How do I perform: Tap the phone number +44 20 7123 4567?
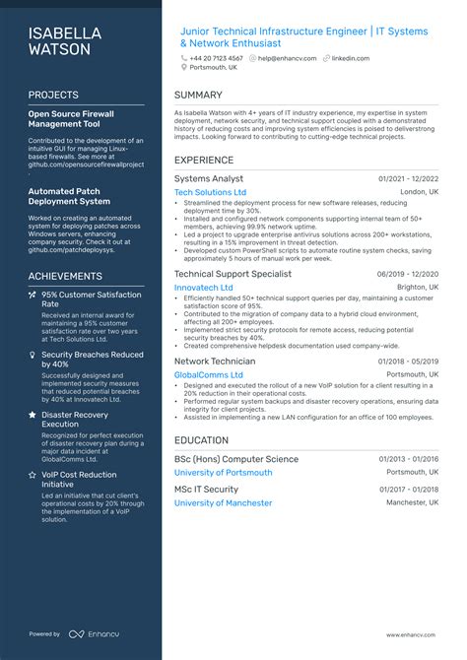(x=216, y=58)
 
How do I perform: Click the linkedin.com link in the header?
(x=350, y=58)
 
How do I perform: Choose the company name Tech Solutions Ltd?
(x=210, y=192)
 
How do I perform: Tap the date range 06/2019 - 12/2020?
(x=408, y=274)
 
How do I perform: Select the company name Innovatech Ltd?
(x=204, y=288)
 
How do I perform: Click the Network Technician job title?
(x=215, y=362)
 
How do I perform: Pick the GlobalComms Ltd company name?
(x=208, y=375)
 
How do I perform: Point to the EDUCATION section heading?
(x=202, y=440)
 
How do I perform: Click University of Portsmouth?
(x=224, y=473)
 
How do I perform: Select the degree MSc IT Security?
(x=206, y=489)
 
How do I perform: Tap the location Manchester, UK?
(x=413, y=502)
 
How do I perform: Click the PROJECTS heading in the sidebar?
(x=54, y=96)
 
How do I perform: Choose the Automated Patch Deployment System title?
(x=69, y=197)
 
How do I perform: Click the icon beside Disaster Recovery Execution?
(x=33, y=415)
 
